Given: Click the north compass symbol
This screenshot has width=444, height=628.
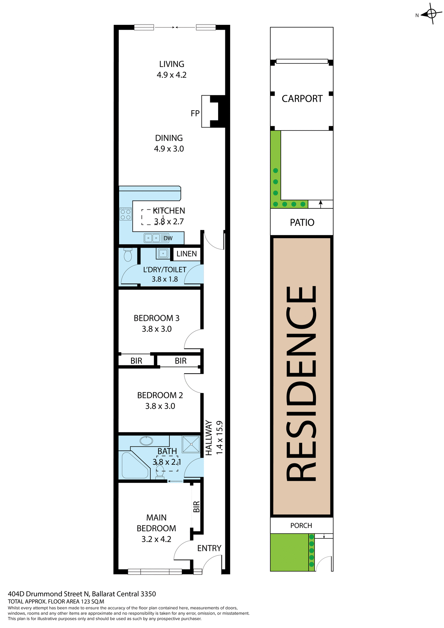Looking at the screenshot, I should point(431,14).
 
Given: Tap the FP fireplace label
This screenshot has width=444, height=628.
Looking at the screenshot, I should point(195,113).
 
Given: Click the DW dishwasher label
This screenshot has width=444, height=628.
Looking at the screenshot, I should point(168,238).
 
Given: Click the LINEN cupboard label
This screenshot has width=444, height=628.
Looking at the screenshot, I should point(187,254).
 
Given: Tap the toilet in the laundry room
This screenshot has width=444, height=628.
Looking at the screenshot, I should point(128,255).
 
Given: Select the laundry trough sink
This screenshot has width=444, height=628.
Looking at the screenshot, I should point(163,253).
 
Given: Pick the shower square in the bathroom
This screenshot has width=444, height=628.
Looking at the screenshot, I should point(191,444).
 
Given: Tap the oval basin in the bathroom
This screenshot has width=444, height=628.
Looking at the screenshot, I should point(146,441).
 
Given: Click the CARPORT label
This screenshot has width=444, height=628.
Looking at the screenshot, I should point(302,99).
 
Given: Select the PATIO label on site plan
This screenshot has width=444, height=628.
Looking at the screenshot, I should point(302,222).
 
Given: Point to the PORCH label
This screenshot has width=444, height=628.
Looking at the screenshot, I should point(301,526).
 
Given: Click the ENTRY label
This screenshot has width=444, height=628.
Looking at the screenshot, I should point(209,548).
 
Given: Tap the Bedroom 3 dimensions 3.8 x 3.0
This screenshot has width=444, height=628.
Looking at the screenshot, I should point(157,329).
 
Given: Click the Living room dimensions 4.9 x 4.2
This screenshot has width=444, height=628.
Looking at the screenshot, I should point(172,75).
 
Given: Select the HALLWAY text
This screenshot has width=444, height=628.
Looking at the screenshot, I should point(209,438).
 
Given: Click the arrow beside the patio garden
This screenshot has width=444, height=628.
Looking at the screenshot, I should point(321,204).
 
